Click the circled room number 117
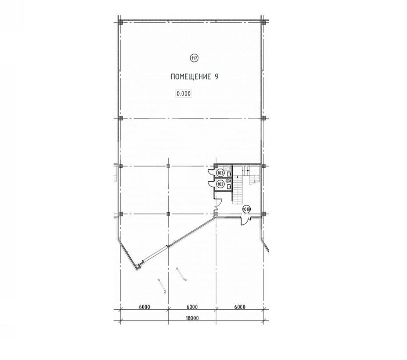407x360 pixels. pyautogui.click(x=194, y=58)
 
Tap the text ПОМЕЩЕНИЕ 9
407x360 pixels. pyautogui.click(x=195, y=77)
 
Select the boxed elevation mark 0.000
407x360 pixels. pyautogui.click(x=184, y=93)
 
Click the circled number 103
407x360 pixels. pyautogui.click(x=220, y=173)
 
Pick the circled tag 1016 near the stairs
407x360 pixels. pyautogui.click(x=246, y=209)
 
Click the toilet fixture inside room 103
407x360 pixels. pyautogui.click(x=230, y=173)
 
